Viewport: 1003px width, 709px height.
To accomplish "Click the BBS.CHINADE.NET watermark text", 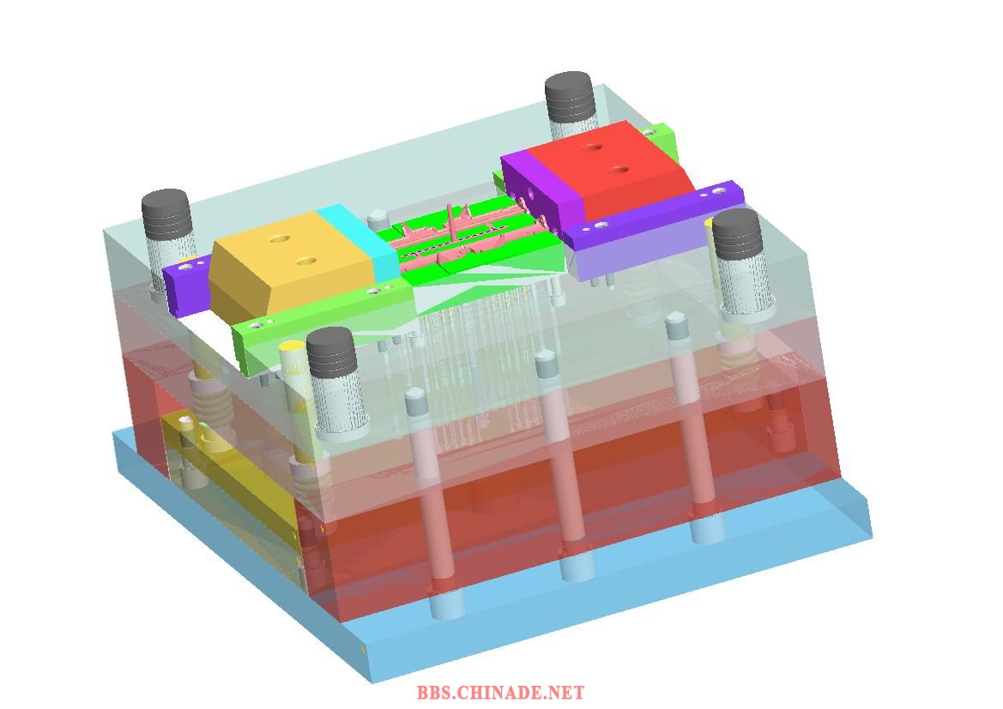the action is pos(500,693).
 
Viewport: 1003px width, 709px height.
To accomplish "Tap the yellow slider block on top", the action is pos(291,262).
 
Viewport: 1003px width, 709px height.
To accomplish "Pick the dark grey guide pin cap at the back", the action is pos(570,97).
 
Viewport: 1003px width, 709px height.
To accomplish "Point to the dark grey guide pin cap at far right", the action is pos(737,232).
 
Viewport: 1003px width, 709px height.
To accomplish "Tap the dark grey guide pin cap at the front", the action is pos(330,352).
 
